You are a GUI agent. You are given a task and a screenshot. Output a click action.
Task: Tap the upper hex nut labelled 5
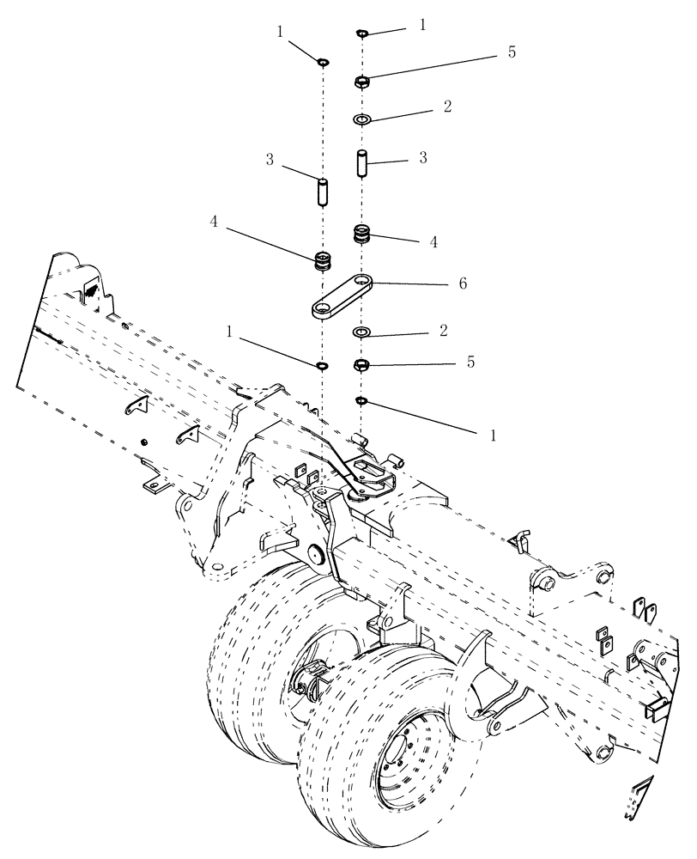point(362,82)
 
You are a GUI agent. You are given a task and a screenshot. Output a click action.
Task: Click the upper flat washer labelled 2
point(362,118)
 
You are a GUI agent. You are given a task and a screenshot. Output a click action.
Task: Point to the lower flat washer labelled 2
point(362,332)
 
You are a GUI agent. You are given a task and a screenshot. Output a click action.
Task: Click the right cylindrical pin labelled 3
point(362,162)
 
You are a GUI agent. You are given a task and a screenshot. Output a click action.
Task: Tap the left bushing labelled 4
point(324,260)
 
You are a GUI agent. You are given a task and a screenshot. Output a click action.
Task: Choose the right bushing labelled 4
point(362,233)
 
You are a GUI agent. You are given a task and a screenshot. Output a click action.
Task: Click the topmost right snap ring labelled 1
point(362,34)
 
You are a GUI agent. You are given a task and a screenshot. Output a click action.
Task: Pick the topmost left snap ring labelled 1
point(324,62)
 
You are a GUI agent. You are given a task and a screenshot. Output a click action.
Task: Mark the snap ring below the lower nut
point(362,400)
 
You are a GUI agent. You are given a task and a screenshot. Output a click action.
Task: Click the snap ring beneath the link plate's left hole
point(324,366)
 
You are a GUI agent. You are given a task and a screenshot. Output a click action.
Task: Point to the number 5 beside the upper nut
point(512,52)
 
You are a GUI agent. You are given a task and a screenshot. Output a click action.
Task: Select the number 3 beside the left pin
point(269,160)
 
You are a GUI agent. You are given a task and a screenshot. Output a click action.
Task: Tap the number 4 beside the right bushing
point(433,242)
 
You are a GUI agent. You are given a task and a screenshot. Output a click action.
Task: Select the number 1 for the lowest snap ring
point(494,436)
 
